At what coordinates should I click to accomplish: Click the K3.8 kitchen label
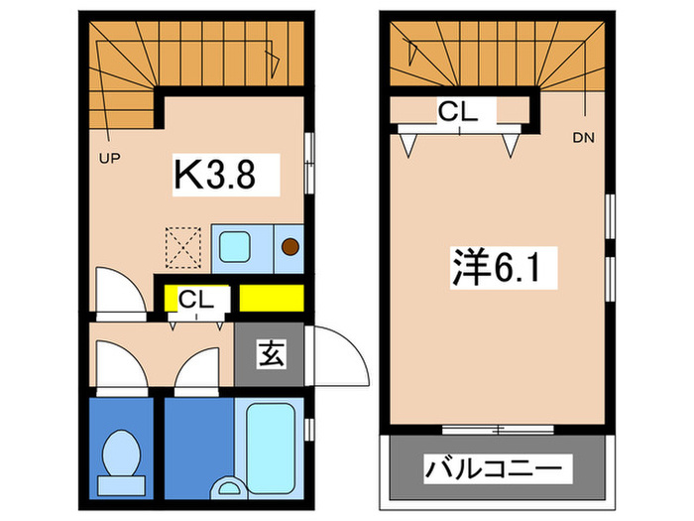coord(216,176)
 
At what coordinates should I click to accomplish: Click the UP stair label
coord(109,157)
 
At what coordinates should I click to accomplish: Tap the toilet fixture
coord(123,454)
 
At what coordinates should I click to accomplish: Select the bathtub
coord(269,437)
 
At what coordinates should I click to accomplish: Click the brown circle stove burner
coord(291,248)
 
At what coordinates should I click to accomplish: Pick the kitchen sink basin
coord(238,245)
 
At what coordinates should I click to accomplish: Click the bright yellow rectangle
coord(271,297)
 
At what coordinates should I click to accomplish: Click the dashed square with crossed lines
coord(181,247)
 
